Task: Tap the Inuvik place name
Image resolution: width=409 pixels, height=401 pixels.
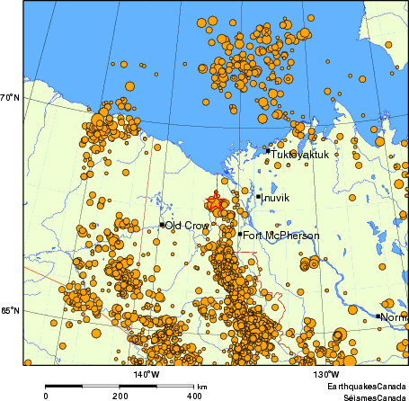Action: coord(276,197)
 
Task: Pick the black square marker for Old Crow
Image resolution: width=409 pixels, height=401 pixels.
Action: coord(162,225)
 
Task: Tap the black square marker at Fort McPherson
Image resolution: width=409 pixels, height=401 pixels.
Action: coord(240,235)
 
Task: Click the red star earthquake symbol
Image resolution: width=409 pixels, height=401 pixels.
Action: coord(215,204)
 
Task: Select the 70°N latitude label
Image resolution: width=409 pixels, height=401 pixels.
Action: coord(11,97)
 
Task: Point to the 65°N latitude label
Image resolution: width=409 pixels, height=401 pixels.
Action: coord(11,310)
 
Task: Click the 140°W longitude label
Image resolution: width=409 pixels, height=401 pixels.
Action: coord(147,374)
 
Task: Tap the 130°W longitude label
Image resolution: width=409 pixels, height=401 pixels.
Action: coord(325,374)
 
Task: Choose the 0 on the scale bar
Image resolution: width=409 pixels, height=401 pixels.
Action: coord(46,396)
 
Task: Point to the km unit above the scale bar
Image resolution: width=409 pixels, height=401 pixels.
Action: coord(200,385)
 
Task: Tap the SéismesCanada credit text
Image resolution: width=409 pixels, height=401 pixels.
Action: coord(369,396)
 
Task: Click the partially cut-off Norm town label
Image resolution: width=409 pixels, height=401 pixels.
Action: coord(394,317)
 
